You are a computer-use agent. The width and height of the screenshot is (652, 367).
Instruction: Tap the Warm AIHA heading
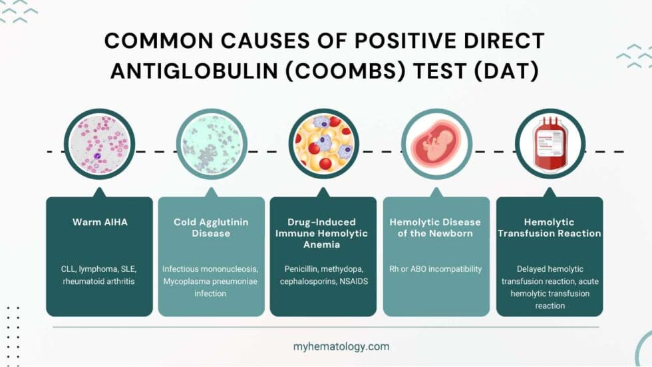tap(99, 222)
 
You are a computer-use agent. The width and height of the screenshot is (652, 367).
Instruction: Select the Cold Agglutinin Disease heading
tap(211, 228)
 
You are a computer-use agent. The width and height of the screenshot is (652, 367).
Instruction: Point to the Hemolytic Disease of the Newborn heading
tap(436, 228)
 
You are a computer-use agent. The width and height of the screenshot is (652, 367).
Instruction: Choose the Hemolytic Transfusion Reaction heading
tap(550, 228)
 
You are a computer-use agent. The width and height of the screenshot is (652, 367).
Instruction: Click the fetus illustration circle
tap(436, 143)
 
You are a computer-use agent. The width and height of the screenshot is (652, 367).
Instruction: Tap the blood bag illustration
tap(550, 143)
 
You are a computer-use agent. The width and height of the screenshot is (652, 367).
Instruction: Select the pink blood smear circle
tap(98, 143)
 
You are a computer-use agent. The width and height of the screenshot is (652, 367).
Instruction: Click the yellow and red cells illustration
tap(324, 143)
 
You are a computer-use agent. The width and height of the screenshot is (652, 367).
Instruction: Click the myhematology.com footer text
tap(341, 346)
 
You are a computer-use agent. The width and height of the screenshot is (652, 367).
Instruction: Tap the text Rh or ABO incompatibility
tap(436, 269)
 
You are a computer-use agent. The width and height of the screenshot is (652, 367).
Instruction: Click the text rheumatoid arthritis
tap(99, 281)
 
